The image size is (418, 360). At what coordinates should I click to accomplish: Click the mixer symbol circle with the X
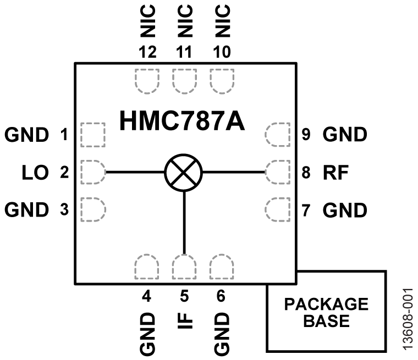pos(184,172)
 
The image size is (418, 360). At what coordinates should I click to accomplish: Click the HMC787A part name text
pos(182,121)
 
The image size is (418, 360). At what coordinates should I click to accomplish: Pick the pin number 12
pos(147,52)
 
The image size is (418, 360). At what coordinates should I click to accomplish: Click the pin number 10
pos(221,52)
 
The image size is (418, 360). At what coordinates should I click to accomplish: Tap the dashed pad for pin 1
pos(92,134)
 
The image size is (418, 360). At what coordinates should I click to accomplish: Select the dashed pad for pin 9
pos(277,134)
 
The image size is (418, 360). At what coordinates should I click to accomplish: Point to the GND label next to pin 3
pos(27,209)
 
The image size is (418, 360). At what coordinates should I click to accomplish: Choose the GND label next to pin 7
pos(344,209)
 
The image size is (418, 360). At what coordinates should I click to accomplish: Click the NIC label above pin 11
pos(184,20)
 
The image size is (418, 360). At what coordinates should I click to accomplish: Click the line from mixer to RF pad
pos(234,172)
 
